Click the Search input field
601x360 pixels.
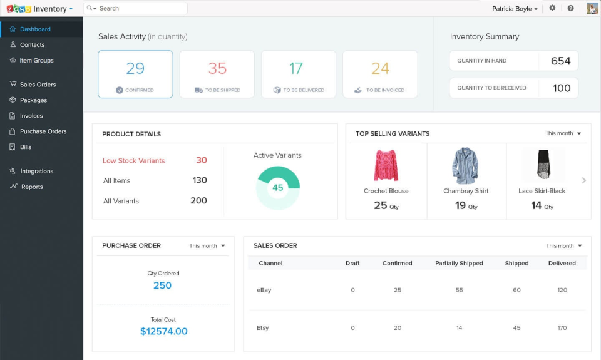click(141, 8)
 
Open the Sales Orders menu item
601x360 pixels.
click(38, 85)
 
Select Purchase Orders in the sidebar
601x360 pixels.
click(43, 131)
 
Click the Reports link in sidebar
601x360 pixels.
click(32, 187)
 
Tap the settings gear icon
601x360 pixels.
click(552, 8)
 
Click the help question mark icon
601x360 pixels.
click(570, 8)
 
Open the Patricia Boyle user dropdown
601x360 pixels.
click(515, 9)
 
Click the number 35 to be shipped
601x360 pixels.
click(217, 68)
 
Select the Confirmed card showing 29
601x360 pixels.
click(135, 75)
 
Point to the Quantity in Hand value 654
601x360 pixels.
click(560, 61)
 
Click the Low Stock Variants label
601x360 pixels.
click(133, 161)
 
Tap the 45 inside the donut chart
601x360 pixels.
click(278, 187)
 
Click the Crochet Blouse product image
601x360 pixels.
click(386, 165)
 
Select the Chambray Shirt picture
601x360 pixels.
click(466, 165)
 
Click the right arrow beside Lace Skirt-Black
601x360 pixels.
click(583, 180)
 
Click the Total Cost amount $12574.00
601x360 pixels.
click(164, 331)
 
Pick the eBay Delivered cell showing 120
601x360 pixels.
click(562, 290)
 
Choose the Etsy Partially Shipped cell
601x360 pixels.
click(459, 328)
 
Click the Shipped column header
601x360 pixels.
click(516, 264)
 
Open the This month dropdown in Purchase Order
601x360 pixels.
click(207, 246)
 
